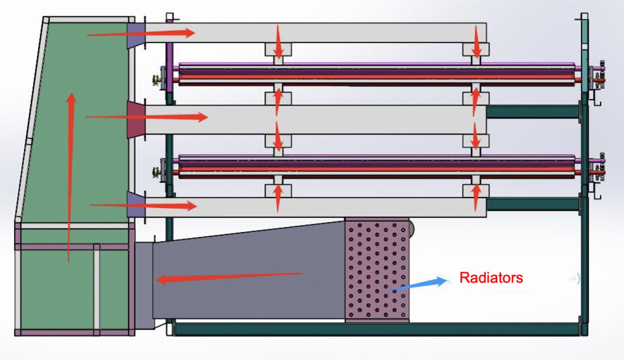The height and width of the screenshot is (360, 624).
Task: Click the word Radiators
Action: (x=491, y=278)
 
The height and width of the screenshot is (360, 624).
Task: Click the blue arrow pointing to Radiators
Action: (x=416, y=284)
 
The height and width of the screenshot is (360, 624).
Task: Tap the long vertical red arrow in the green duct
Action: (x=71, y=177)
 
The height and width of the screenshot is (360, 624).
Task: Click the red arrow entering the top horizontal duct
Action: (x=141, y=33)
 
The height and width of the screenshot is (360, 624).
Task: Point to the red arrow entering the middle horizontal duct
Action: (x=146, y=117)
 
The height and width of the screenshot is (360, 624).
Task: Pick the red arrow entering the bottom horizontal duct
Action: (x=143, y=206)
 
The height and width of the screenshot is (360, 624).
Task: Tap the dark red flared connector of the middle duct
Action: (x=136, y=120)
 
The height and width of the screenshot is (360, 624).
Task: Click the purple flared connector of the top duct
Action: (x=135, y=34)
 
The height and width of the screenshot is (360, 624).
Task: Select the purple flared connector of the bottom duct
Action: (x=135, y=205)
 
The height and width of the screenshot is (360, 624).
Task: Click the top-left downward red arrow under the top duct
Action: (x=278, y=42)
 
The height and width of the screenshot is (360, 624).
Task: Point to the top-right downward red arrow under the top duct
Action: (x=476, y=42)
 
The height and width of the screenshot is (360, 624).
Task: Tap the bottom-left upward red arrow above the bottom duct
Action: (x=277, y=198)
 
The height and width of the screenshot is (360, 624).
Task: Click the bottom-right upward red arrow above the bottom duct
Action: (x=476, y=197)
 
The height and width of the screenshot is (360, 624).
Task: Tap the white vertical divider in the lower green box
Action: (x=96, y=290)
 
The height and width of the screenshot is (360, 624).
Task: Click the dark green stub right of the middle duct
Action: (x=532, y=112)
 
